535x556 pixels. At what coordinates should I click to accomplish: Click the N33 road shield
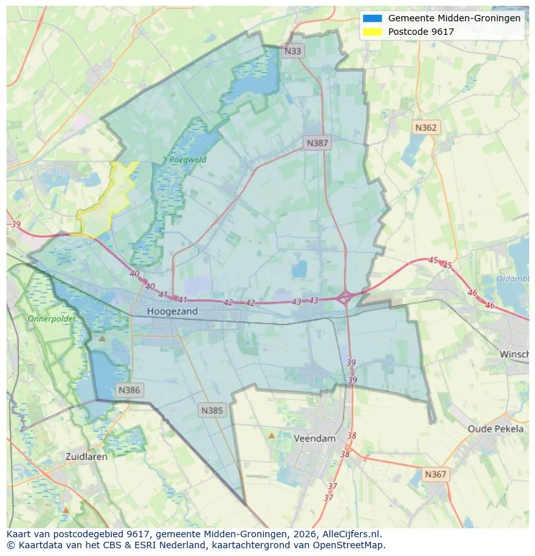coord(293,50)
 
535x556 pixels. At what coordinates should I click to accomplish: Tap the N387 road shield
coord(317,143)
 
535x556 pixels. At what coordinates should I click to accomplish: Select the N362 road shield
coord(425,128)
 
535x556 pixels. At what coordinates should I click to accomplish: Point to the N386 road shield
coord(129,390)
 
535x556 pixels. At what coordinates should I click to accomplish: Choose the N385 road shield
coord(212,410)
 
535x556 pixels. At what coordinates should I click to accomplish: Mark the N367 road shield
coord(435,475)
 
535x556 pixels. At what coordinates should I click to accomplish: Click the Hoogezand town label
coord(172,311)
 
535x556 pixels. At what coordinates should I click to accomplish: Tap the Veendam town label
coord(315,438)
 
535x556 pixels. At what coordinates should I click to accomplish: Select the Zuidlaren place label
coord(87,456)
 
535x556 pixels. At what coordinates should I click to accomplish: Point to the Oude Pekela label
coord(496,429)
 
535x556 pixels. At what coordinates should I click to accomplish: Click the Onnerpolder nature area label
coord(52,319)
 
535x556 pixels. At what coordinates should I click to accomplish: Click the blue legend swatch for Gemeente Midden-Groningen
coord(373,19)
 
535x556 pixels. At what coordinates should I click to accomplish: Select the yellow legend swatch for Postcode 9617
coord(373,32)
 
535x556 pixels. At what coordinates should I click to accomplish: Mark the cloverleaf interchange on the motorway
coord(345,298)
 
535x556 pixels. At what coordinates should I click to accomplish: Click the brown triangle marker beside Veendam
coord(271,436)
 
